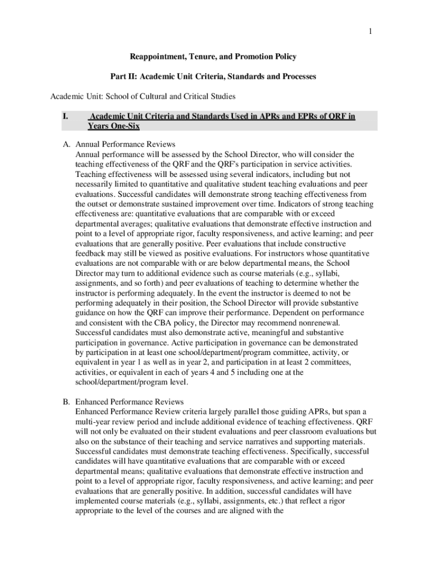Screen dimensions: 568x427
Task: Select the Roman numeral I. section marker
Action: pos(65,116)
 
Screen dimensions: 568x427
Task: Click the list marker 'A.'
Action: pos(66,144)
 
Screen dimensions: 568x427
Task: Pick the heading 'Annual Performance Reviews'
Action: pos(125,144)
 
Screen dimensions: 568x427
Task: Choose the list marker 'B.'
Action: pos(66,402)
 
